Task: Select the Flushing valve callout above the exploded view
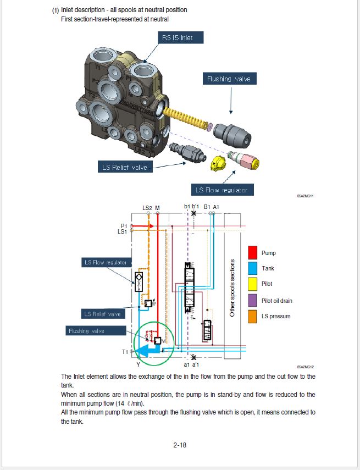(x=229, y=79)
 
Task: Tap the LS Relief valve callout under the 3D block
(x=125, y=167)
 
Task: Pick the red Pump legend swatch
(x=253, y=253)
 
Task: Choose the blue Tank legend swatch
(x=253, y=268)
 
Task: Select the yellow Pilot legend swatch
(x=253, y=284)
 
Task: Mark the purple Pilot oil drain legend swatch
(x=253, y=300)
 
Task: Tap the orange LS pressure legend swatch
(x=253, y=316)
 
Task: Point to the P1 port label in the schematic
(x=124, y=225)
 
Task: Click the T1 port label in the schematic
(x=125, y=352)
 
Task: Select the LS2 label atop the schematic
(x=147, y=208)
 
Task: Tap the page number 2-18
(x=180, y=445)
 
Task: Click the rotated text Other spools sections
(x=232, y=287)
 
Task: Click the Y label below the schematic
(x=138, y=364)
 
